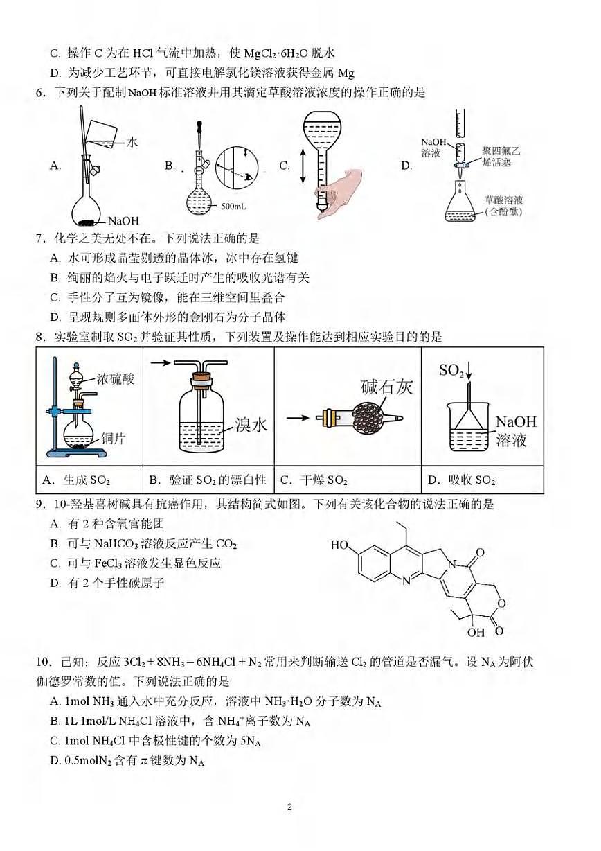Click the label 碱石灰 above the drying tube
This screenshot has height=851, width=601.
tap(386, 387)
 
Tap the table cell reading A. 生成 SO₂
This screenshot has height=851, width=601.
tap(77, 480)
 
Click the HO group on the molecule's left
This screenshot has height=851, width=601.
tap(340, 545)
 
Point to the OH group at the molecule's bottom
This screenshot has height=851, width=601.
tap(476, 631)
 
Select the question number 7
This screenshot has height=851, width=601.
tap(41, 239)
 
